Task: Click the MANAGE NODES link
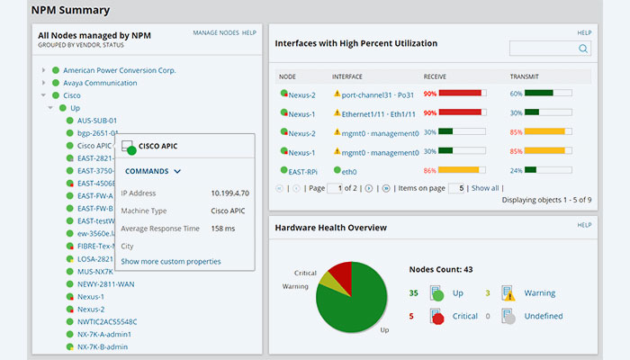point(215,33)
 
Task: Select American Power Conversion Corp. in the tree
point(119,70)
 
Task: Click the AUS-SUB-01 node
point(97,121)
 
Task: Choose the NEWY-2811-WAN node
point(105,283)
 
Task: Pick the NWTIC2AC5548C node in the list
point(107,321)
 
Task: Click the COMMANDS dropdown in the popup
point(153,171)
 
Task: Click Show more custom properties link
point(171,261)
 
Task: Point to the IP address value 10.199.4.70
point(229,193)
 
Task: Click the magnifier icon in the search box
point(583,49)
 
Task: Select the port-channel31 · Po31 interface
point(378,94)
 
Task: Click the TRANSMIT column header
point(524,76)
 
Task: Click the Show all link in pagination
point(485,188)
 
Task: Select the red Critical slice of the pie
point(340,272)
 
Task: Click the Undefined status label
point(543,316)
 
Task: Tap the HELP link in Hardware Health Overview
point(584,225)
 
